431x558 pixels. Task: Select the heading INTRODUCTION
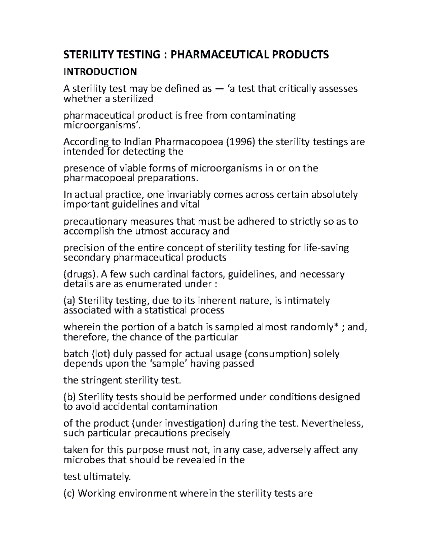pyautogui.click(x=100, y=72)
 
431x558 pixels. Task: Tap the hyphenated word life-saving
pyautogui.click(x=326, y=248)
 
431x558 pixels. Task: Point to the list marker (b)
pyautogui.click(x=70, y=397)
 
